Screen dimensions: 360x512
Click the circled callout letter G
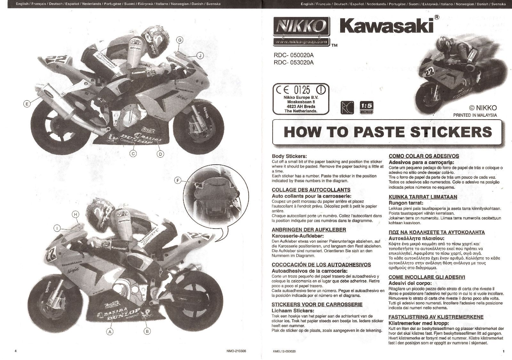click(180, 40)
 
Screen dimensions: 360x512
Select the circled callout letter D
click(161, 154)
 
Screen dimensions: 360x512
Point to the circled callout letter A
click(110, 332)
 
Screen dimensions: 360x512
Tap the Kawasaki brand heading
click(386, 26)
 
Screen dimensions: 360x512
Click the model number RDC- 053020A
click(294, 63)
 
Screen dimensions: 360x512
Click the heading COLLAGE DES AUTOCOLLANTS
click(306, 190)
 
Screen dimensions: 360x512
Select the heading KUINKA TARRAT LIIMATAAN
click(422, 197)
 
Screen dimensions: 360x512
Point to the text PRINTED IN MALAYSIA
click(475, 115)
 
